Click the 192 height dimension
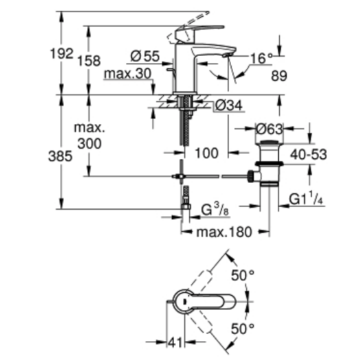62,54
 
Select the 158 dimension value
89,61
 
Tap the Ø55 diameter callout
145,56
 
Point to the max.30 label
127,73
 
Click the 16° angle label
261,58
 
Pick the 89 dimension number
279,76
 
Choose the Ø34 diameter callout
229,105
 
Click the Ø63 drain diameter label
269,129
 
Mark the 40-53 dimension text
308,154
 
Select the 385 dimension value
60,156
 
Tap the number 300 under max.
89,144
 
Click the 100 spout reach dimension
207,153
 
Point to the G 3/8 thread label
215,210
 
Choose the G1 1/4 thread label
306,198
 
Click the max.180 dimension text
224,232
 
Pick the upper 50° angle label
243,275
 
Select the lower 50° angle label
243,329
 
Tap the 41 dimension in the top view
175,343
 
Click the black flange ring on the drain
269,164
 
